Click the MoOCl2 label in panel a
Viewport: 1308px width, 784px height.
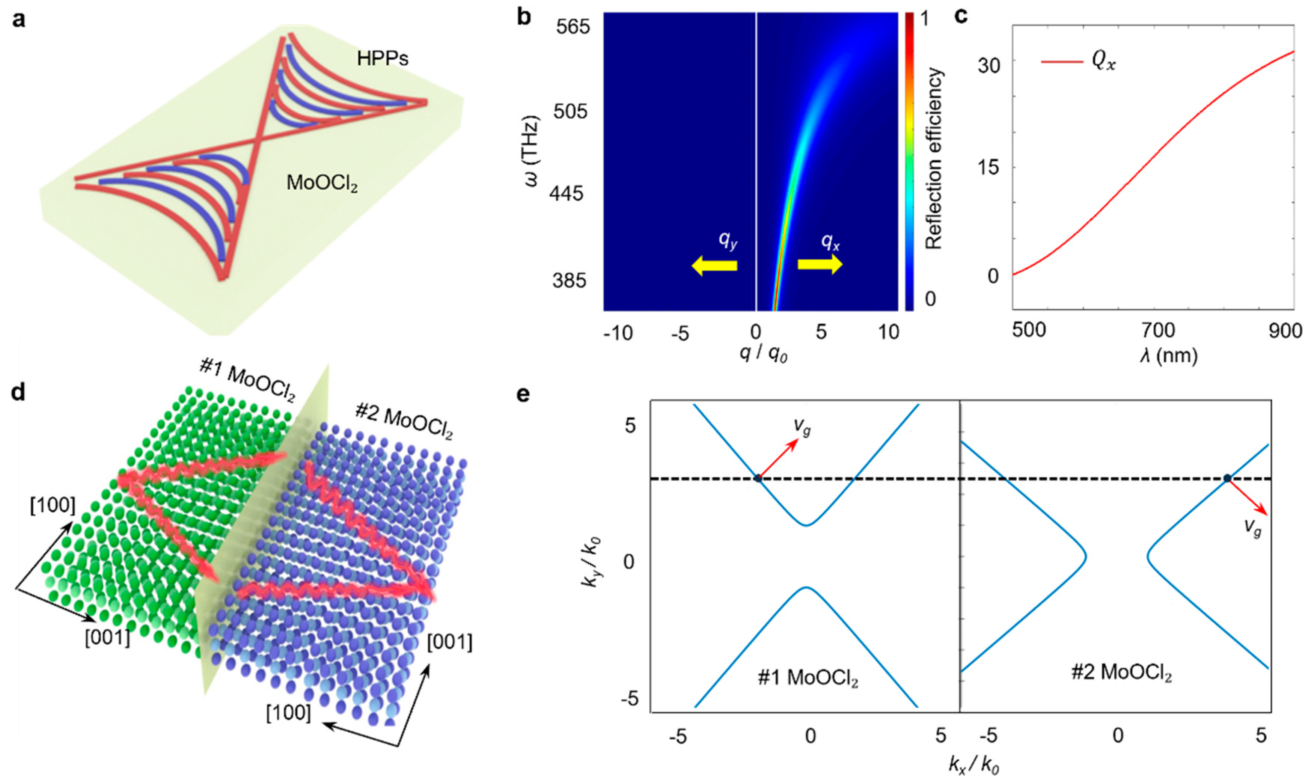tap(322, 183)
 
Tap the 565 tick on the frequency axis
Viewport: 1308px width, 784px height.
tap(573, 26)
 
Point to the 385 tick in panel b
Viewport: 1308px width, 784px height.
tap(573, 280)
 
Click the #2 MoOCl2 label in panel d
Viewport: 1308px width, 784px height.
tap(404, 423)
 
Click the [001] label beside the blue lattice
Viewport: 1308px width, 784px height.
tap(449, 643)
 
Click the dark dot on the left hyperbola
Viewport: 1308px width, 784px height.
tap(758, 479)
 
